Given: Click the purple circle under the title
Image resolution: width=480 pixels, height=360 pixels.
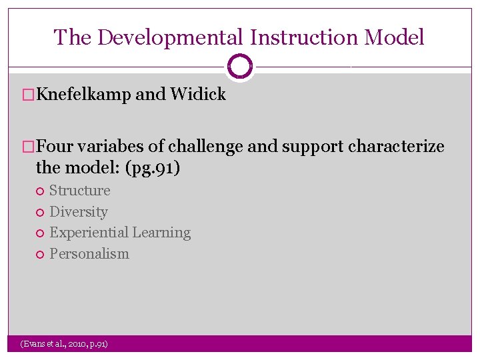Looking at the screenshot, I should coord(240,67).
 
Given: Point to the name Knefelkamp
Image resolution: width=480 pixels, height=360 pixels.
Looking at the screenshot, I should coord(84,95).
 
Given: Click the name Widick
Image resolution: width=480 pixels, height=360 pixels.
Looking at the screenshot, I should coord(198,95).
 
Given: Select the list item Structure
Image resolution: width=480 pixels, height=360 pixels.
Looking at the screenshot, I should coord(80,191).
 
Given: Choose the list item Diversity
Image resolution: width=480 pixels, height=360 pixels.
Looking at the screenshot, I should coord(79,212).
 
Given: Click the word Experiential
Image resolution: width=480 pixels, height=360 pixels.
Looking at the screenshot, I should coord(89,233).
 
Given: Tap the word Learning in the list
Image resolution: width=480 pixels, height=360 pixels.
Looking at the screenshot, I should coord(161,233).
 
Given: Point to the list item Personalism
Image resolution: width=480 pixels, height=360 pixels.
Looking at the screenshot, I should coord(89,254).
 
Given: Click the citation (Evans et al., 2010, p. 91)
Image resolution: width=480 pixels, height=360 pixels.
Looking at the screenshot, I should coord(64,344).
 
